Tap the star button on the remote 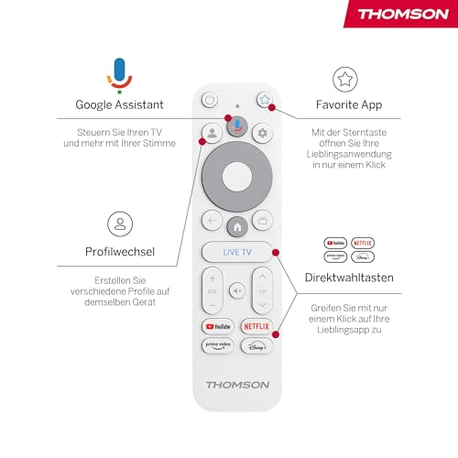(264, 101)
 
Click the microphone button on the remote (237, 128)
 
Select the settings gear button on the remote (263, 133)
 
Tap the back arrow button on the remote (212, 221)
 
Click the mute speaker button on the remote (237, 290)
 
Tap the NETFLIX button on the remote (256, 325)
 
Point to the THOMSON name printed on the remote (237, 385)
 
